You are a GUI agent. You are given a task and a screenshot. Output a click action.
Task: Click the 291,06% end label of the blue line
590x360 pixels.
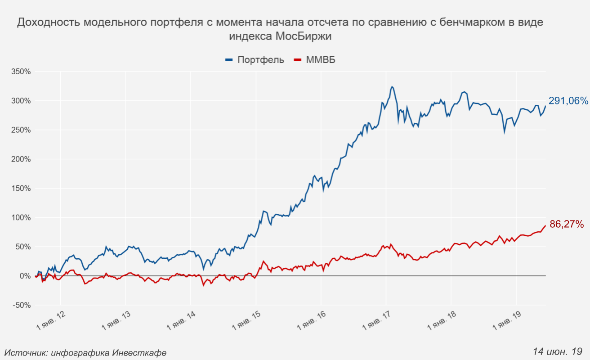(568, 101)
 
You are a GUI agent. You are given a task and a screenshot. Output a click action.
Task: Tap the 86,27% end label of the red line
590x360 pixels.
(566, 224)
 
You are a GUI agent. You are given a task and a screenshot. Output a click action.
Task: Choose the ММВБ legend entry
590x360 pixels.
(321, 60)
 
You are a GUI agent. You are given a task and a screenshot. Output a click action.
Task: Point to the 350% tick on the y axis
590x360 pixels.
(21, 72)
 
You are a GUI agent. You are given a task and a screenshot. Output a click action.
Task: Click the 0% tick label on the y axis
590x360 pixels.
(24, 276)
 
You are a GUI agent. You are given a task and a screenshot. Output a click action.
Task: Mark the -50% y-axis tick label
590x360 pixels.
(22, 305)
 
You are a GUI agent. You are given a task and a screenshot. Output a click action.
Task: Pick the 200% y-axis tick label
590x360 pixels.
(21, 159)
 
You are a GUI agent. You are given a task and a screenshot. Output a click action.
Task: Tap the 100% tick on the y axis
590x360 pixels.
(21, 218)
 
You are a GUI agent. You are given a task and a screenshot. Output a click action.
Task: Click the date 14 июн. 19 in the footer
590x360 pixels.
(558, 351)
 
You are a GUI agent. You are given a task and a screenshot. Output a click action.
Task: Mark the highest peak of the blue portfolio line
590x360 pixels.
(392, 86)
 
